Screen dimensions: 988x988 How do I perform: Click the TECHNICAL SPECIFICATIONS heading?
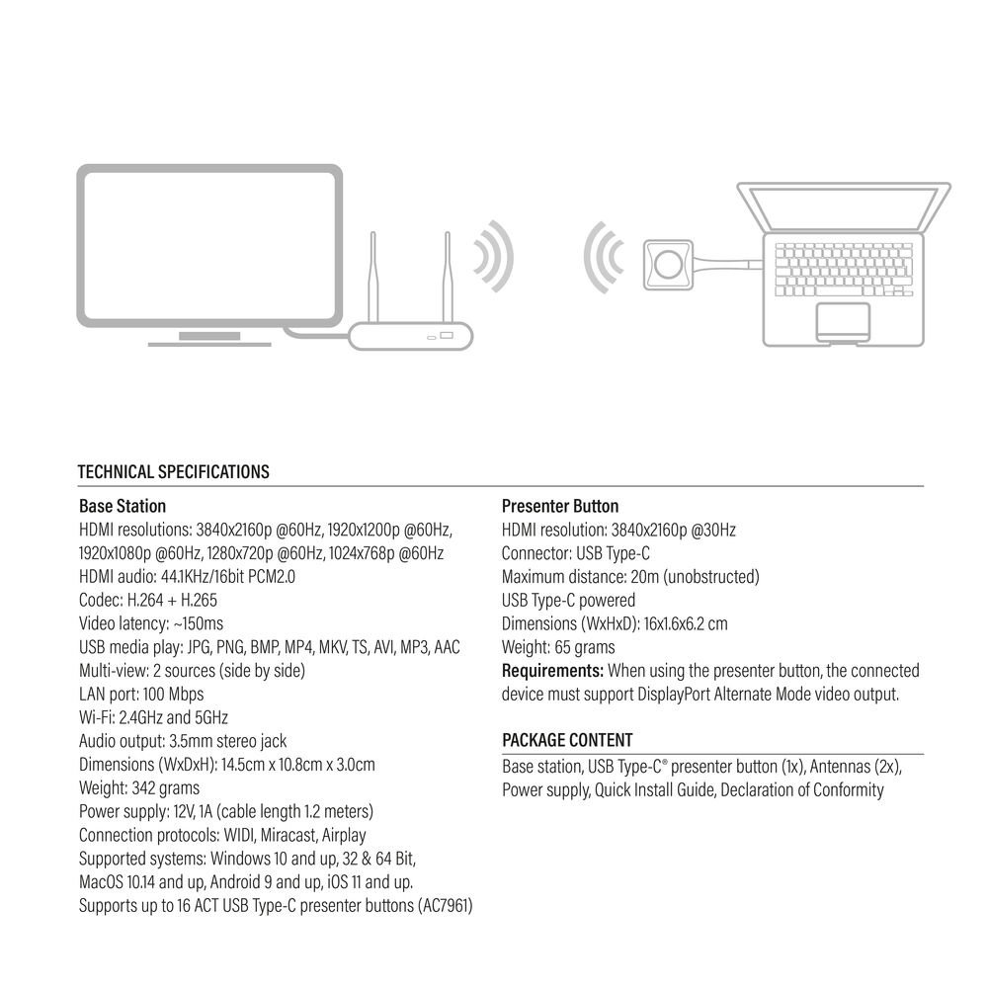(173, 472)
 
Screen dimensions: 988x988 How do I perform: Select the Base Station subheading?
(123, 506)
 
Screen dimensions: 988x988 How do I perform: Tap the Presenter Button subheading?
(560, 506)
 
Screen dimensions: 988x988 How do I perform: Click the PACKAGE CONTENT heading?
(567, 740)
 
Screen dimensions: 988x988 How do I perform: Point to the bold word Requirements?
(552, 671)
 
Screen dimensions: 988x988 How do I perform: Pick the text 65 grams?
(585, 648)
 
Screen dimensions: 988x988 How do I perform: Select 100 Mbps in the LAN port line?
(173, 695)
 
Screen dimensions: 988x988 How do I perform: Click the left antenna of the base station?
(373, 278)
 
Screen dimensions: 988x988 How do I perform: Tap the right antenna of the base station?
(448, 278)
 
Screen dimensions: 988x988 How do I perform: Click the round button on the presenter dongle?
(668, 265)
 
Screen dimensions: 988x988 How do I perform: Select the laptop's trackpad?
(843, 322)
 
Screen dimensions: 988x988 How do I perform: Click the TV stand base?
(209, 340)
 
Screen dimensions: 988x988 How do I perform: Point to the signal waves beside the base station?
(494, 257)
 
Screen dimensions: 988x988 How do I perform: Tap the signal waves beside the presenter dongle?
(604, 257)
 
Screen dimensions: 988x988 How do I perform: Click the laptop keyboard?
(844, 270)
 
